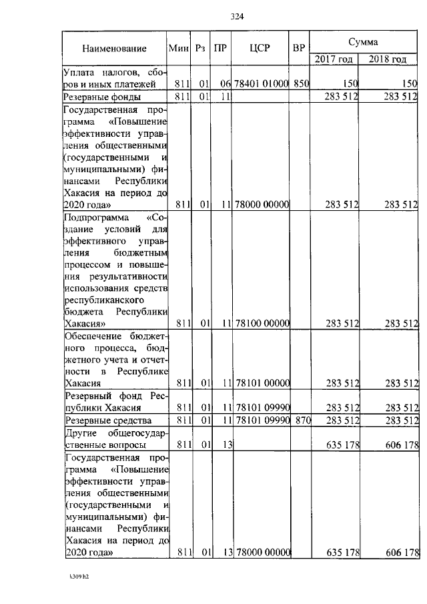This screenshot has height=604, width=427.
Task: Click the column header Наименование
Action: coord(114,49)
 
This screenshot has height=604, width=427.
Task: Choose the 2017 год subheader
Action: coord(335,59)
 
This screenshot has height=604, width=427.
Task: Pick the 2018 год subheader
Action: coord(388,59)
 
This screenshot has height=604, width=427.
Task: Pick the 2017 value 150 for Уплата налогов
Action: coord(351,84)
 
